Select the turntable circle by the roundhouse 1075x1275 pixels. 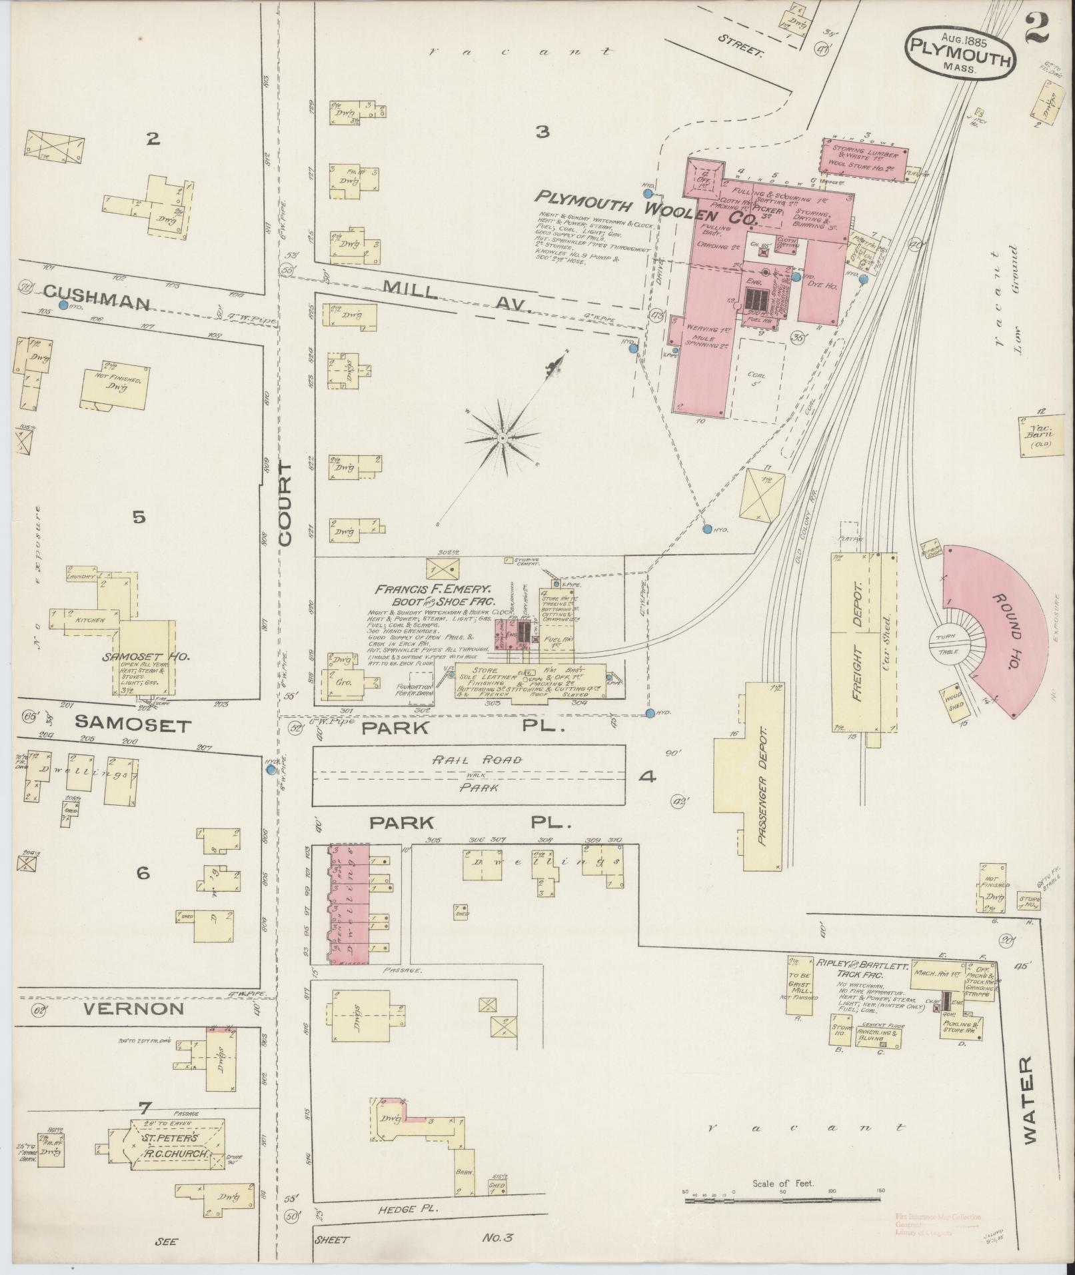point(948,644)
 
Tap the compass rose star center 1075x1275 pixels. point(503,438)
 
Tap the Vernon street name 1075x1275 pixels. point(135,1027)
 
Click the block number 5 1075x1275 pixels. point(139,517)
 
